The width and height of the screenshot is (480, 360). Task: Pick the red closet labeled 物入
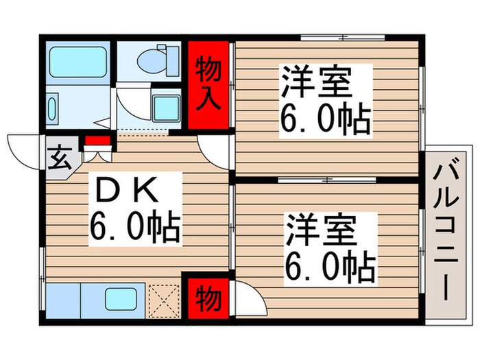[x=208, y=83]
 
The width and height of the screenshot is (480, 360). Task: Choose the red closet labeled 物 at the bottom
[x=207, y=298]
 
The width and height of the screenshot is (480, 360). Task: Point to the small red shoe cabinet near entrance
[x=97, y=142]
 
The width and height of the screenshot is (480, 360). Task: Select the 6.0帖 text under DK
[x=134, y=228]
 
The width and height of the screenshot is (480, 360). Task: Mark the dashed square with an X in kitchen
[x=163, y=300]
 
